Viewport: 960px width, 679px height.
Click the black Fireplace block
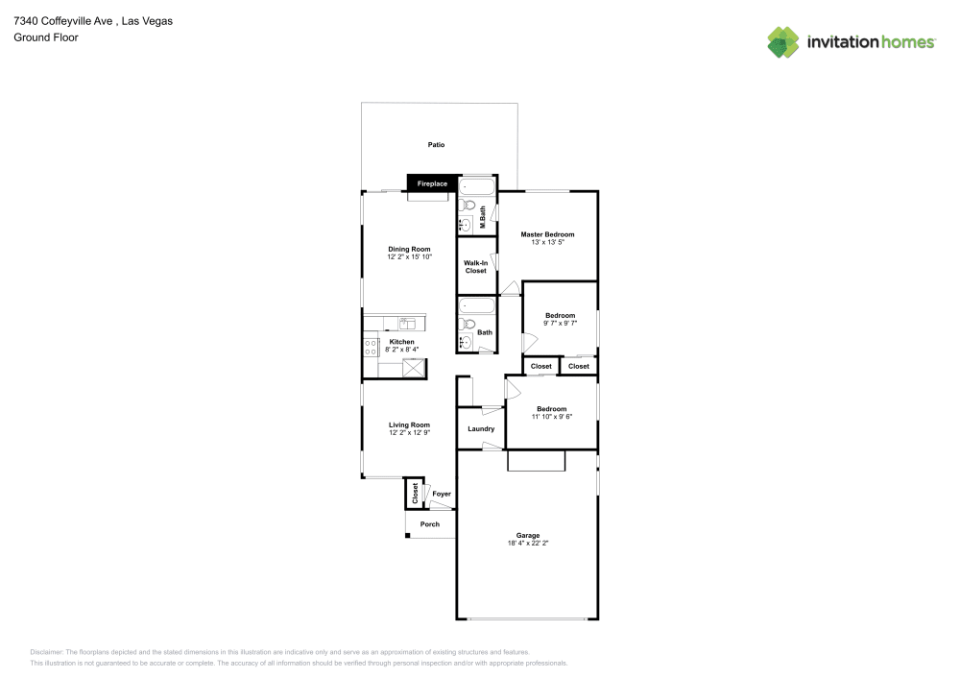click(431, 182)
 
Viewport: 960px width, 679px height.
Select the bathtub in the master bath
click(476, 185)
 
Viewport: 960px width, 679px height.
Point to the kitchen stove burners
click(370, 347)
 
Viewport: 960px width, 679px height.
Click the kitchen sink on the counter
click(408, 323)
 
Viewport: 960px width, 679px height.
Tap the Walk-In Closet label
click(476, 267)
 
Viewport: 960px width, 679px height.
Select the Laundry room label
click(481, 428)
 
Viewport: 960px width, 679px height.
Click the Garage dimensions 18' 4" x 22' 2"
click(528, 543)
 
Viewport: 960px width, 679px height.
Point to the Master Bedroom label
click(547, 234)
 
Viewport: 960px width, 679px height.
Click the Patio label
click(437, 145)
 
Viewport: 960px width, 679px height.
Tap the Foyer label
click(442, 494)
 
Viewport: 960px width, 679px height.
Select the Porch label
click(430, 524)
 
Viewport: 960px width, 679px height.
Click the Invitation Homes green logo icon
click(783, 42)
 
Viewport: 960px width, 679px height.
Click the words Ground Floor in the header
click(46, 37)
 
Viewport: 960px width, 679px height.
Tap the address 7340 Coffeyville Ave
click(66, 20)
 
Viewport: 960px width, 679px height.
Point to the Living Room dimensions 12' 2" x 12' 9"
click(409, 433)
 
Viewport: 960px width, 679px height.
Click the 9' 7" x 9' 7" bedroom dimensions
click(560, 324)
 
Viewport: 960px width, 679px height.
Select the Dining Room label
click(409, 249)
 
